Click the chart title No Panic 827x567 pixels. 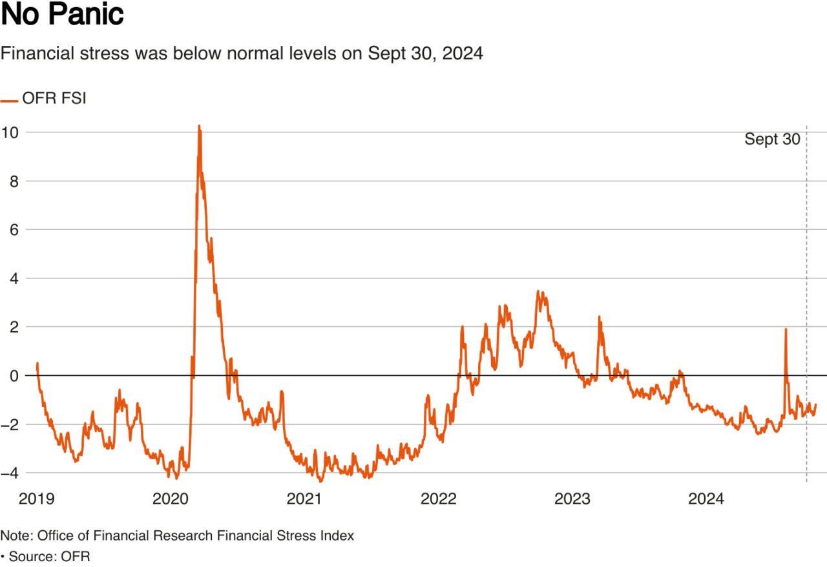point(62,15)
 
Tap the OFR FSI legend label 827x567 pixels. point(54,99)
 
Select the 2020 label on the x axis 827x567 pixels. point(171,499)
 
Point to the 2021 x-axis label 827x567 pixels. point(305,499)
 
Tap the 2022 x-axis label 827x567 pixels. point(439,499)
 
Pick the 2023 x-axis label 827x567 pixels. point(572,499)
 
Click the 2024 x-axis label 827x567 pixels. point(706,499)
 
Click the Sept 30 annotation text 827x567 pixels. point(772,139)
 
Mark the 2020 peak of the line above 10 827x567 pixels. point(199,126)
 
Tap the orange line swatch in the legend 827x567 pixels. point(9,100)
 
